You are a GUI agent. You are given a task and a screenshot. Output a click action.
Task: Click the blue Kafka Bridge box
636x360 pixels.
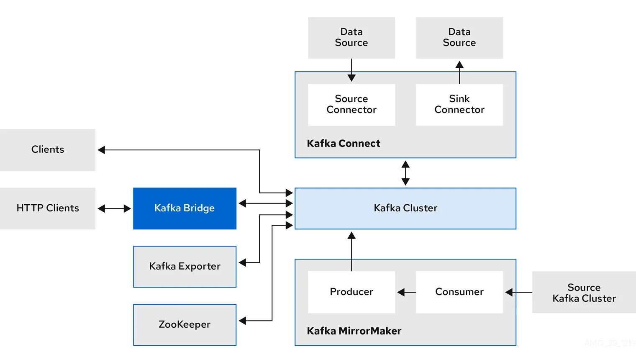pos(185,208)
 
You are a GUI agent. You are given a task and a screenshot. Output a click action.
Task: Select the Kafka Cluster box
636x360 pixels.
pos(405,208)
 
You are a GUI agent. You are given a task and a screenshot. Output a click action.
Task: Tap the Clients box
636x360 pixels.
pos(48,149)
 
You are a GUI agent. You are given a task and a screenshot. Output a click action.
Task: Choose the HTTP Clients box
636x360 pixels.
pos(48,208)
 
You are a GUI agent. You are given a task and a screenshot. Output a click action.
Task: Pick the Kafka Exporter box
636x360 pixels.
pos(185,266)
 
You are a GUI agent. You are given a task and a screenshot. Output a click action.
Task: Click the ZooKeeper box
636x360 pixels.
pos(185,324)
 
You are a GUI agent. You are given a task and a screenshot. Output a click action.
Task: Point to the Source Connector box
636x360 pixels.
pos(351,104)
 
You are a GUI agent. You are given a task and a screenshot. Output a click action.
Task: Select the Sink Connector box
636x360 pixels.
pos(459,104)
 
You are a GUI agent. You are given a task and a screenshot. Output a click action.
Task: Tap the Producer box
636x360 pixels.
pos(351,292)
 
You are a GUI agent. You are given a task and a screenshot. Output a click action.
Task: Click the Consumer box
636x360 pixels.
pos(459,292)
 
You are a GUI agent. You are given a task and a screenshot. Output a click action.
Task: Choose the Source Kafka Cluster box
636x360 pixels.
pos(584,293)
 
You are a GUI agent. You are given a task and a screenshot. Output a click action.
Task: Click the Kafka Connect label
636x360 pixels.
pos(344,144)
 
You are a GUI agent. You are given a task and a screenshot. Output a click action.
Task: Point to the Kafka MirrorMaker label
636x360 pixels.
pos(354,331)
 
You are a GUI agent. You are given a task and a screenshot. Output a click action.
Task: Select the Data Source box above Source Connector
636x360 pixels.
pos(351,37)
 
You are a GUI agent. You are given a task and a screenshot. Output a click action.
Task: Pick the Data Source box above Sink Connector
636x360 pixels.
pos(459,37)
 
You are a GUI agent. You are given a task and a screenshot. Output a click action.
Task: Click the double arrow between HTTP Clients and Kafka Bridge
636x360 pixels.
pos(114,208)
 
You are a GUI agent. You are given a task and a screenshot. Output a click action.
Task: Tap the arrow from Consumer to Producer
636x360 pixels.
pos(406,292)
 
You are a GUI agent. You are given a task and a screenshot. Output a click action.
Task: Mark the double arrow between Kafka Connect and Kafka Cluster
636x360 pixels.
pos(405,173)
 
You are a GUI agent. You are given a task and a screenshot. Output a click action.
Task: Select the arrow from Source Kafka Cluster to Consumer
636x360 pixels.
pos(518,292)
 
